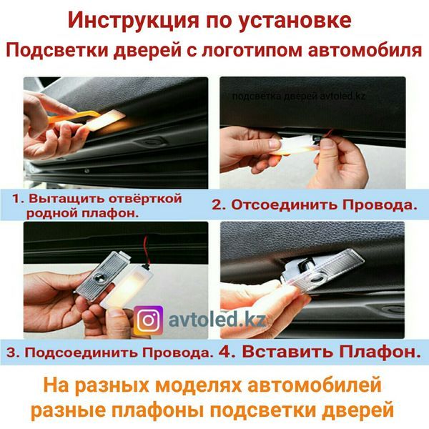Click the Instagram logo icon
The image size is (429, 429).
[x=148, y=320]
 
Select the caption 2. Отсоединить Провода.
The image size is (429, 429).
[x=314, y=204]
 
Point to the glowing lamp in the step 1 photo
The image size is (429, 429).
[x=104, y=118]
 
